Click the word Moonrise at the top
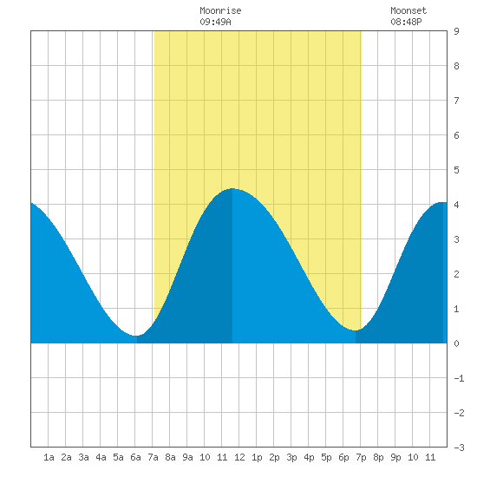[220, 10]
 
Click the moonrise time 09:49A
[215, 22]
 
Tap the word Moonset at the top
[408, 10]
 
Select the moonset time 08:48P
[406, 22]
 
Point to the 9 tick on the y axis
[456, 31]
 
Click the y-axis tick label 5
[456, 170]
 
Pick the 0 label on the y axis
[456, 343]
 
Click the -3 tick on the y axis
[459, 448]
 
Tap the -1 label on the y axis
[459, 378]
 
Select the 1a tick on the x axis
[49, 457]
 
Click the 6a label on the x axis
[135, 457]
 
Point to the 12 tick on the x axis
[239, 457]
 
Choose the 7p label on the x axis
[361, 457]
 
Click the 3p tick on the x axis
[291, 457]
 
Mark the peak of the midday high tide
[232, 188]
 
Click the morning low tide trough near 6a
[136, 336]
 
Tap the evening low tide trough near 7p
[355, 330]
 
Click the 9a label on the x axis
[187, 457]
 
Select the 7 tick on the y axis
[456, 101]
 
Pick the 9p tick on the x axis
[395, 457]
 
